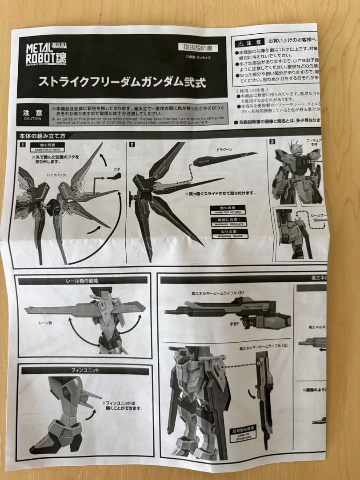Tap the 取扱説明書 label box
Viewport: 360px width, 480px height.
pyautogui.click(x=198, y=47)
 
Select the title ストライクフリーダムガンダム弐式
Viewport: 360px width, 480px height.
pyautogui.click(x=122, y=82)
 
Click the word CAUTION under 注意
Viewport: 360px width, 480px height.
pyautogui.click(x=32, y=119)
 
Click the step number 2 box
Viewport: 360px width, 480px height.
pyautogui.click(x=132, y=144)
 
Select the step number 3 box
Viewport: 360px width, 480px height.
pyautogui.click(x=272, y=142)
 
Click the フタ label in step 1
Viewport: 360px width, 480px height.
pyautogui.click(x=117, y=169)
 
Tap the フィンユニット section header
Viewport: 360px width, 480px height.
pyautogui.click(x=85, y=370)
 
